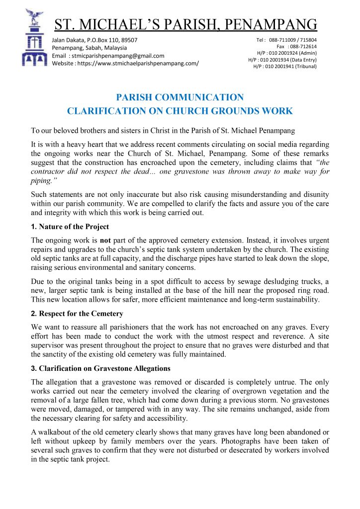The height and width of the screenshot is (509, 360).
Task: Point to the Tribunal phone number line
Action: [x=285, y=66]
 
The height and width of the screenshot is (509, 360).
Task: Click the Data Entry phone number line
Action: [x=282, y=60]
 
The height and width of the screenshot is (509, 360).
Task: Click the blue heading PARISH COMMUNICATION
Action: [x=180, y=97]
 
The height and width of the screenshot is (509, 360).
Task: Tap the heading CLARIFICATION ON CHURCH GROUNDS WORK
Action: [x=180, y=111]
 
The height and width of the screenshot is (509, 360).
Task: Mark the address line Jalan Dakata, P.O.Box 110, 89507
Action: [x=95, y=40]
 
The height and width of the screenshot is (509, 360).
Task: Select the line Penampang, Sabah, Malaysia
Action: [x=88, y=48]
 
